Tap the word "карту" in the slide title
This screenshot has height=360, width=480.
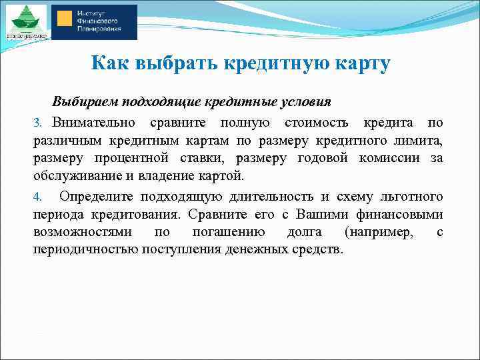click(x=359, y=64)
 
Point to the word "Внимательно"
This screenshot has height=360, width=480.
click(x=94, y=123)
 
